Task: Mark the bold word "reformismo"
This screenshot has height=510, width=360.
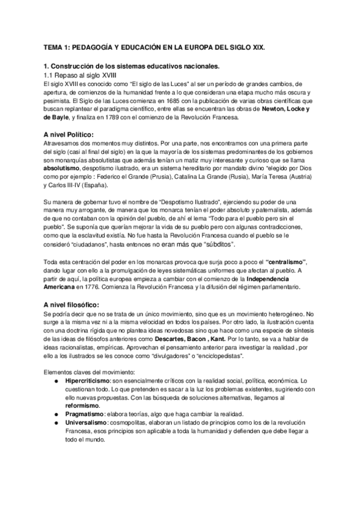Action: (x=85, y=406)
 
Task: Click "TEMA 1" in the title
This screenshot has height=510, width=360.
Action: (x=59, y=47)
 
